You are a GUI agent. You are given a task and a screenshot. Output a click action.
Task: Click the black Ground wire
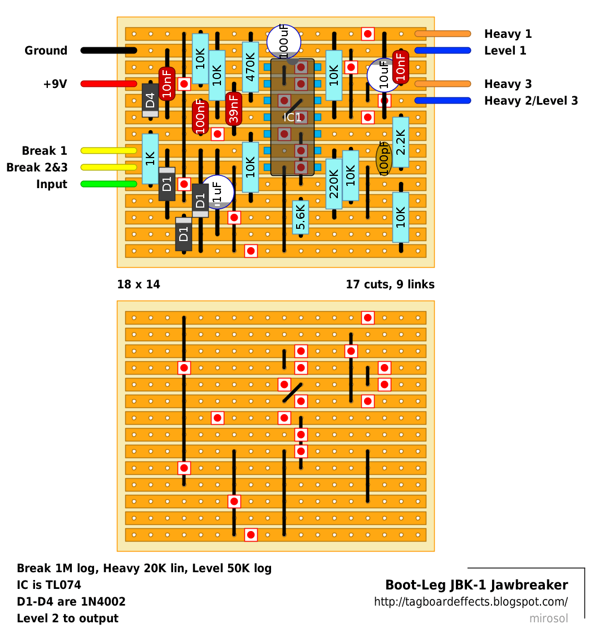point(109,51)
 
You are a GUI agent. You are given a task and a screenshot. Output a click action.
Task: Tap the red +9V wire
point(109,84)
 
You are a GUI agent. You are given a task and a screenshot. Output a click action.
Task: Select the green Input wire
point(109,184)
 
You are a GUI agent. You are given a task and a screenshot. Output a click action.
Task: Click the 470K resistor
point(250,67)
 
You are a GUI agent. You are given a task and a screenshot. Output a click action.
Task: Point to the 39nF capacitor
point(234,109)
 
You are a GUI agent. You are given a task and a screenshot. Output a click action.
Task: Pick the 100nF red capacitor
point(200,117)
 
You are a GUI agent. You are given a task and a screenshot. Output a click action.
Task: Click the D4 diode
point(150,100)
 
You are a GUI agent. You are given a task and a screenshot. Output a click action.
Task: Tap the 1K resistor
point(150,159)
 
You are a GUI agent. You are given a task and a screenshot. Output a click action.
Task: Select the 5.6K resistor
point(301,217)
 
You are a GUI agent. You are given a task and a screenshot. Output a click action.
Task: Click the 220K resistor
point(334,184)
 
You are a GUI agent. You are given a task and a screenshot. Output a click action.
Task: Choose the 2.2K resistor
point(401,142)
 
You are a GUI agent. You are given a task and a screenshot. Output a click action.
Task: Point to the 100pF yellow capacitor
point(384,159)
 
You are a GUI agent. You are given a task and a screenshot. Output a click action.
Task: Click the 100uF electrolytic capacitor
point(284,42)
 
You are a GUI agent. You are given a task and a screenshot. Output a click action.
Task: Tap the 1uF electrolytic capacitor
point(217,193)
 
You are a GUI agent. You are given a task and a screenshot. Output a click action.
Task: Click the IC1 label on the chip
point(293,117)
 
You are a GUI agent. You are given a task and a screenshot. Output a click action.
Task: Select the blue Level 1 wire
point(443,51)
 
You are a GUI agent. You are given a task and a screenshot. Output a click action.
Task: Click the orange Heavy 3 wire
point(443,84)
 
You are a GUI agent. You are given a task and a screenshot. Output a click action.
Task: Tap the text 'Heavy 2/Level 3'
point(531,101)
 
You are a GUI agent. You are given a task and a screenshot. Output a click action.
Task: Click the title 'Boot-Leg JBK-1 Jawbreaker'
point(476,585)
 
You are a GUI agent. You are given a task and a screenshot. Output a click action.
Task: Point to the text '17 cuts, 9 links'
point(390,284)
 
